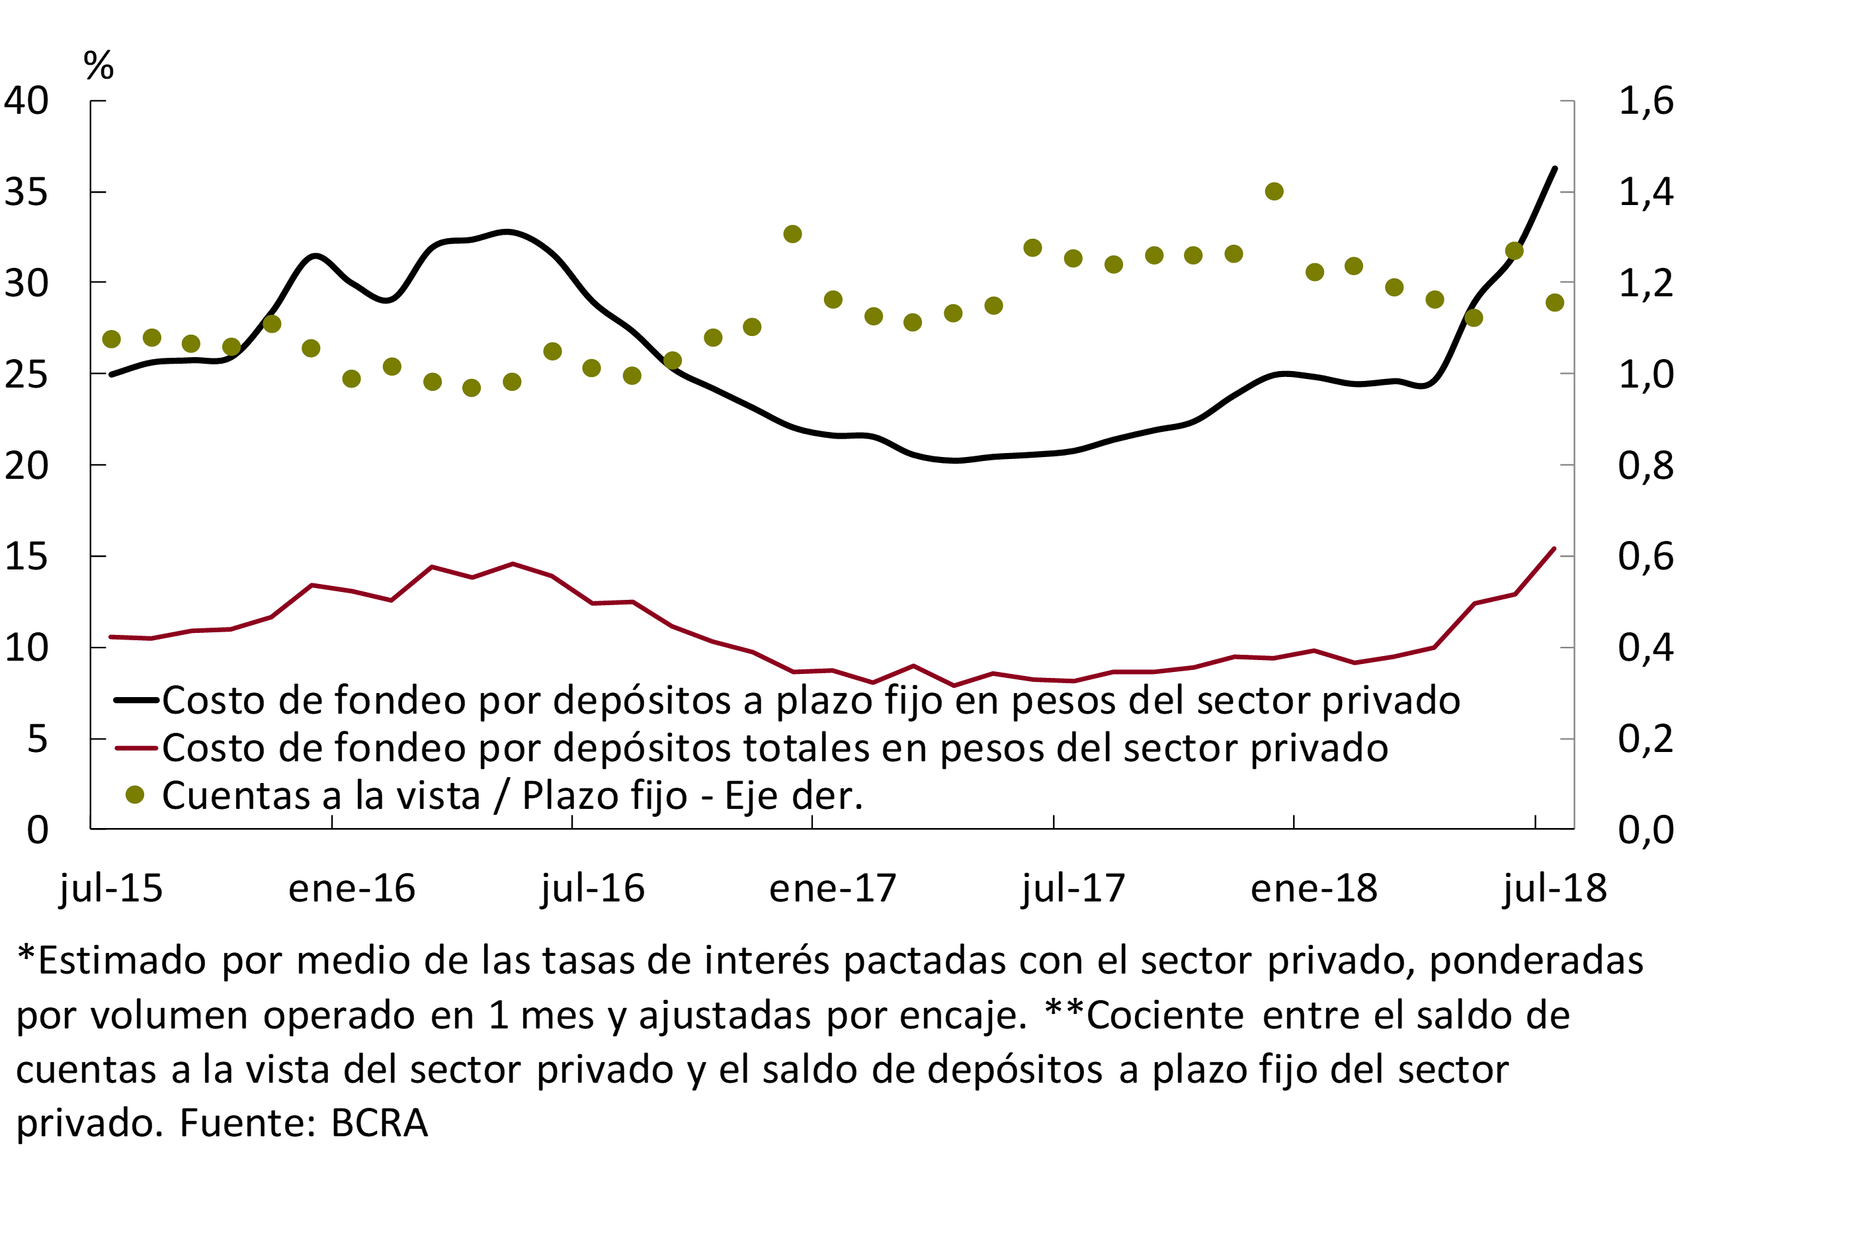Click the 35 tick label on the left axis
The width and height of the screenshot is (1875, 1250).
pyautogui.click(x=26, y=192)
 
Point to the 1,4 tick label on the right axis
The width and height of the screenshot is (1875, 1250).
pyautogui.click(x=1646, y=192)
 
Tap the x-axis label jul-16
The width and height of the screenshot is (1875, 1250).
pyautogui.click(x=593, y=888)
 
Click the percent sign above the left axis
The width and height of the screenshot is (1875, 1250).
pyautogui.click(x=99, y=65)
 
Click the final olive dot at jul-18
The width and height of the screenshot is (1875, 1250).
pyautogui.click(x=1554, y=303)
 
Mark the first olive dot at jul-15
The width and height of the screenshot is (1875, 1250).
pyautogui.click(x=112, y=339)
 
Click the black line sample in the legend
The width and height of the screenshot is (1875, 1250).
pyautogui.click(x=136, y=700)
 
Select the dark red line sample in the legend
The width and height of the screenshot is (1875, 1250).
pyautogui.click(x=136, y=748)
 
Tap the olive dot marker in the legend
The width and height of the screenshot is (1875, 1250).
pyautogui.click(x=136, y=795)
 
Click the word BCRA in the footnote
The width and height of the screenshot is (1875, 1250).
pyautogui.click(x=380, y=1123)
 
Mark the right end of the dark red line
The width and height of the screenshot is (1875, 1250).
pyautogui.click(x=1554, y=548)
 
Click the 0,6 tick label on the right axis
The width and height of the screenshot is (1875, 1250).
pyautogui.click(x=1646, y=556)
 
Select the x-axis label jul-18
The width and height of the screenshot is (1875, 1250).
pyautogui.click(x=1554, y=888)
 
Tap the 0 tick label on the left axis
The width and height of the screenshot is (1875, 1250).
pyautogui.click(x=38, y=830)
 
